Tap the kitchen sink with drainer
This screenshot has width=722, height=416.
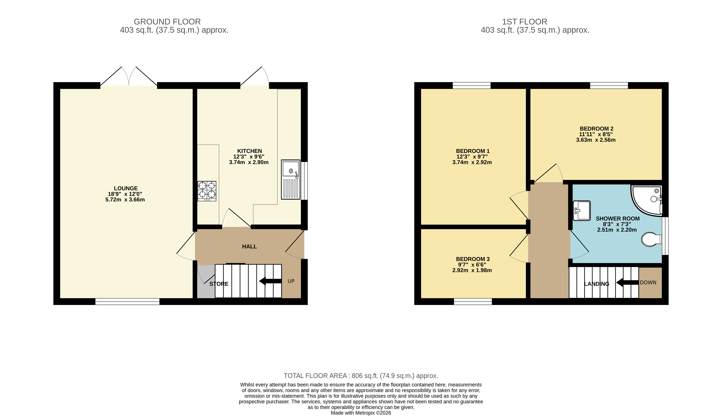pyautogui.click(x=290, y=179)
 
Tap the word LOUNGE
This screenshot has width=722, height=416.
pyautogui.click(x=126, y=188)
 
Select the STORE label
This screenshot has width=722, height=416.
pyautogui.click(x=219, y=284)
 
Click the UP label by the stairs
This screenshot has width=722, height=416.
pyautogui.click(x=291, y=281)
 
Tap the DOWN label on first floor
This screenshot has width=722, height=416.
pyautogui.click(x=648, y=283)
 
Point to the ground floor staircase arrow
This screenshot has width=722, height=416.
pyautogui.click(x=270, y=281)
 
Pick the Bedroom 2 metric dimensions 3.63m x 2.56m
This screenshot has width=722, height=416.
pyautogui.click(x=596, y=140)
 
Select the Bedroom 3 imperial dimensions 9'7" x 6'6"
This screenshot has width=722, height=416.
pyautogui.click(x=472, y=265)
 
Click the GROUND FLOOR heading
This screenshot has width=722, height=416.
pyautogui.click(x=167, y=22)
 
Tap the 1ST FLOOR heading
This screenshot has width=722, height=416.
pyautogui.click(x=525, y=22)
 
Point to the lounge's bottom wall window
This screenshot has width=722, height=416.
pyautogui.click(x=127, y=301)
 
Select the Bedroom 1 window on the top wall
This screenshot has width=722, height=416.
pyautogui.click(x=471, y=85)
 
